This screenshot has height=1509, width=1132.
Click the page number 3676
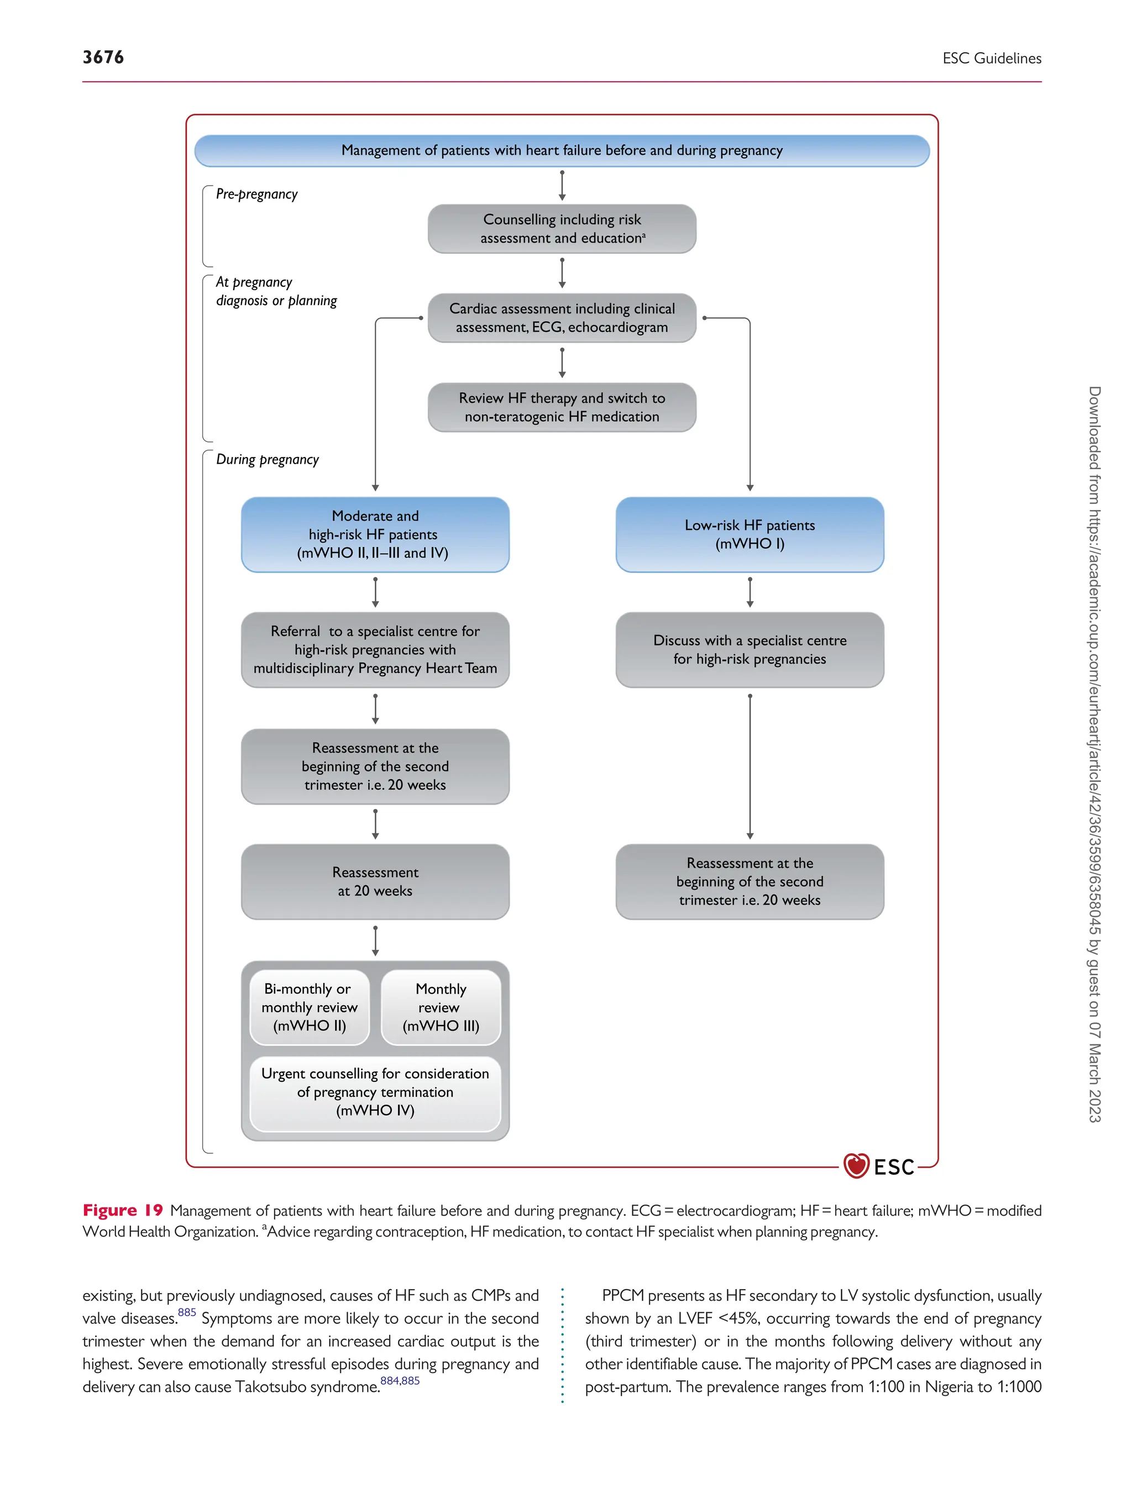click(x=103, y=57)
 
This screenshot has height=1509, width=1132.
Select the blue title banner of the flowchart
click(x=561, y=151)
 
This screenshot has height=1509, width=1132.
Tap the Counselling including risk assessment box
click(x=561, y=229)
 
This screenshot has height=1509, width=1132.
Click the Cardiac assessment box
click(x=561, y=318)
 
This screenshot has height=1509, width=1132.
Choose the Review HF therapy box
click(x=561, y=407)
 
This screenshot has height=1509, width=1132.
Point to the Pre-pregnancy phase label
click(x=256, y=194)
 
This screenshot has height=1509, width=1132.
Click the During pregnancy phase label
click(x=267, y=460)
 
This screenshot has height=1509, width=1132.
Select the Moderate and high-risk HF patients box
click(x=375, y=534)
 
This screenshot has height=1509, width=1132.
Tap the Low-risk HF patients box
click(x=749, y=534)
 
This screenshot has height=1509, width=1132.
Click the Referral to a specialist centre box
click(x=375, y=649)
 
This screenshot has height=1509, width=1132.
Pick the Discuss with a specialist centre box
click(x=749, y=649)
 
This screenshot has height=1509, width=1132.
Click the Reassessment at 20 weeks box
click(x=375, y=881)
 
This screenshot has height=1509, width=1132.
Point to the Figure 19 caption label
click(x=123, y=1210)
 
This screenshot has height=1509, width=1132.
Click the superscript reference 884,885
click(x=399, y=1381)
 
